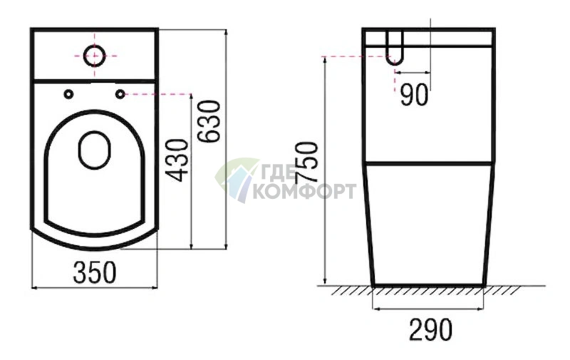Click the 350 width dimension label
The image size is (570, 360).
(x=95, y=272)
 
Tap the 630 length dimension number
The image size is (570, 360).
(x=209, y=121)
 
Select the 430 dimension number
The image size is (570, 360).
(x=177, y=160)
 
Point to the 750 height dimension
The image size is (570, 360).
(x=306, y=163)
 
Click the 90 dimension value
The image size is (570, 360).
(x=414, y=95)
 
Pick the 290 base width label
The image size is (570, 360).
(x=431, y=330)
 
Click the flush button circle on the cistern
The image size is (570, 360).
(x=95, y=56)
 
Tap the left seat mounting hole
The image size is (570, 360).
(x=68, y=94)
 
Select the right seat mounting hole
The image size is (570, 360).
(x=120, y=94)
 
